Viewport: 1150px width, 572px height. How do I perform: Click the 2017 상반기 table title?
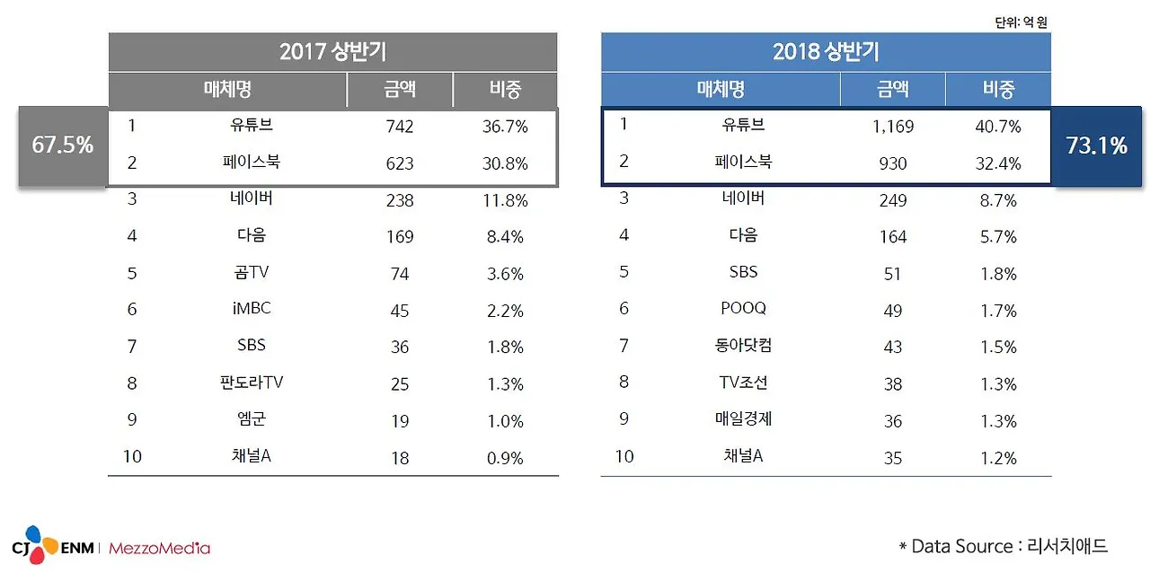(332, 52)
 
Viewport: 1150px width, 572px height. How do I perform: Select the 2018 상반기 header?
(826, 52)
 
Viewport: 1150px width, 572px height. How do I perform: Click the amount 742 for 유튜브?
(399, 127)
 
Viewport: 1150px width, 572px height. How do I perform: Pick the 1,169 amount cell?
(892, 127)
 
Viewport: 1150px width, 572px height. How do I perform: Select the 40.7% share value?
(997, 127)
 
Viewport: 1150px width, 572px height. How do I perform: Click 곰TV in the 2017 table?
(251, 272)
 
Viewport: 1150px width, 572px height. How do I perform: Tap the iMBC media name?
(251, 309)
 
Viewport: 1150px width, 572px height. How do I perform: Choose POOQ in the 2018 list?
(743, 309)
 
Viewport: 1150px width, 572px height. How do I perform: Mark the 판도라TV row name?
(251, 383)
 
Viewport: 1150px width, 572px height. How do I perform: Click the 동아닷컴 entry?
(743, 346)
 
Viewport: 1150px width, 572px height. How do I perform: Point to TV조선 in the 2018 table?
(743, 383)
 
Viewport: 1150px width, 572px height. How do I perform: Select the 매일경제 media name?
(743, 419)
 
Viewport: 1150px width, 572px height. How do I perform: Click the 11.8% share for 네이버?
(504, 200)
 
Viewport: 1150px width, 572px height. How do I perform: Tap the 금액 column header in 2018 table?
(892, 89)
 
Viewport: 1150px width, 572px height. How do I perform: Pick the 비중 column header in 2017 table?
(505, 89)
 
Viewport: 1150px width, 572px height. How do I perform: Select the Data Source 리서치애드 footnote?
(1004, 546)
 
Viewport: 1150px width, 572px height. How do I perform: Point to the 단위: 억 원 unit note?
(1022, 22)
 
